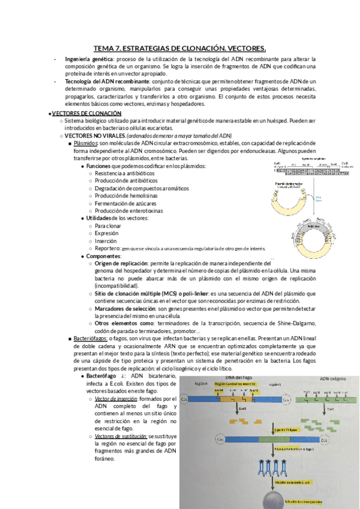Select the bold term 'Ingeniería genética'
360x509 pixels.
point(88,59)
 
